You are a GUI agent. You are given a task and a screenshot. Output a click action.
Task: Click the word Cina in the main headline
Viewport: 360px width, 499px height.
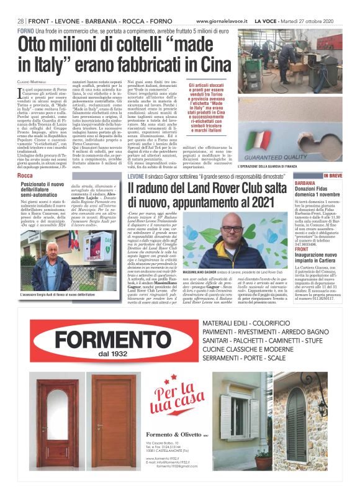coord(211,65)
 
